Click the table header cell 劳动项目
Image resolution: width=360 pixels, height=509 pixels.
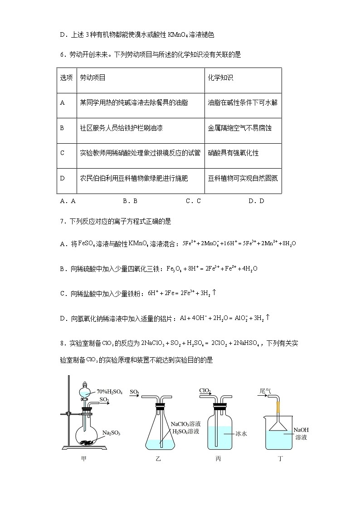point(92,78)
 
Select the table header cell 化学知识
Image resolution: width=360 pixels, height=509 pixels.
point(220,78)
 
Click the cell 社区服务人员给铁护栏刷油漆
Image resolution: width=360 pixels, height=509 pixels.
point(121,128)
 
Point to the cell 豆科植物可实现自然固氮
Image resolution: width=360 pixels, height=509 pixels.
point(243,178)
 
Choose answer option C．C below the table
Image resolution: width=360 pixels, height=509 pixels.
point(193,201)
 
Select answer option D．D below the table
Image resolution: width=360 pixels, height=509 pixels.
point(256,201)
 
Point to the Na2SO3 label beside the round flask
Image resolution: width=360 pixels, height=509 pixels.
point(111,432)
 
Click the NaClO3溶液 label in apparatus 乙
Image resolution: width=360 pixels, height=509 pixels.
point(185,424)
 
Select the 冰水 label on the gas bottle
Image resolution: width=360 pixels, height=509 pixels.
point(241,433)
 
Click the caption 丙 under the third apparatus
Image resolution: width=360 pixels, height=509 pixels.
point(218,459)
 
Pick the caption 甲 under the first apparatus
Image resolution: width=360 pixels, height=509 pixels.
point(83,459)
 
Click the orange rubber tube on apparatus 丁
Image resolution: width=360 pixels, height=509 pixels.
point(276,407)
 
